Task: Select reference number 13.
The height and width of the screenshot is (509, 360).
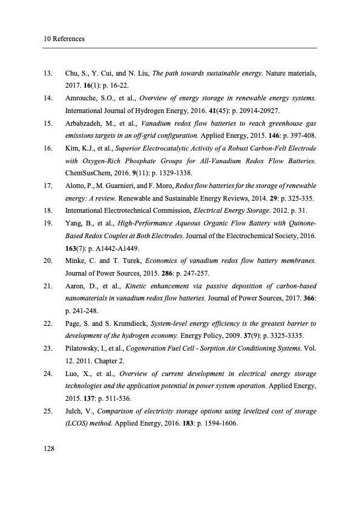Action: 48,74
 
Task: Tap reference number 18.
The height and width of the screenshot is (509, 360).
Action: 48,212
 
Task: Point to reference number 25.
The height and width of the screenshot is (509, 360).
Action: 48,412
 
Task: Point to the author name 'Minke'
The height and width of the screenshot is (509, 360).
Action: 76,262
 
